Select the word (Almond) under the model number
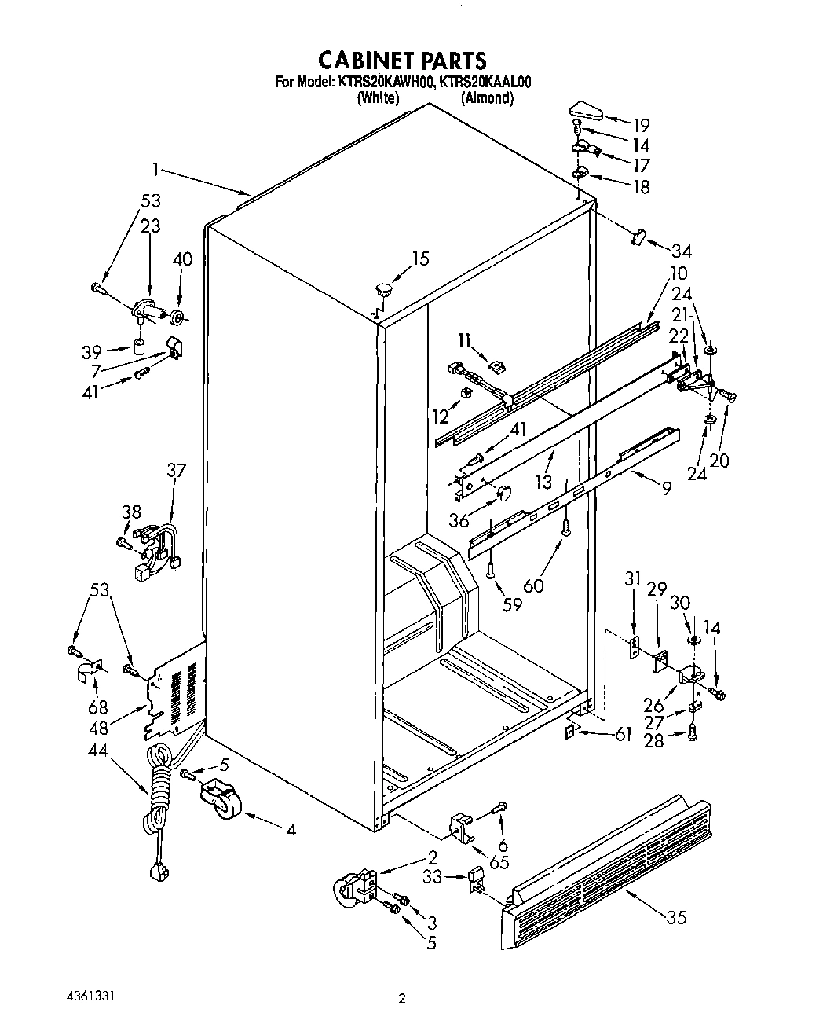click(487, 98)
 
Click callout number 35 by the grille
click(676, 916)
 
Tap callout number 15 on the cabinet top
click(421, 259)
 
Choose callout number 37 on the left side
click(176, 470)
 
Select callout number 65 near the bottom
click(499, 861)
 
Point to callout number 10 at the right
click(678, 273)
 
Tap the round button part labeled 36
click(503, 493)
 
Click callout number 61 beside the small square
click(623, 734)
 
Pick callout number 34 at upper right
click(681, 251)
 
